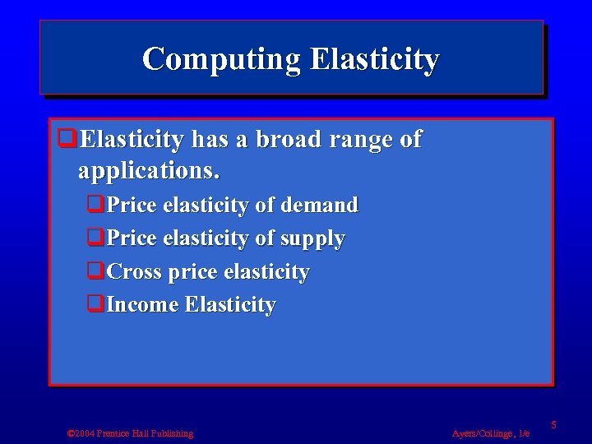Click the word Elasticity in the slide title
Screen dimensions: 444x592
[x=375, y=59]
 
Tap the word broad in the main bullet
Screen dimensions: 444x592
[x=289, y=140]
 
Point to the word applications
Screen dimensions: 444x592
[x=149, y=172]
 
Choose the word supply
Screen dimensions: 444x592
[x=312, y=238]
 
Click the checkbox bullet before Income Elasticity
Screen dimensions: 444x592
[x=95, y=304]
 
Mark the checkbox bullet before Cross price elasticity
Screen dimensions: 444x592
[x=95, y=271]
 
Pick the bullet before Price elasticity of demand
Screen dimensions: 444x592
[x=95, y=205]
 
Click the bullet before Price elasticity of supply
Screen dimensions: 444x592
[x=95, y=238]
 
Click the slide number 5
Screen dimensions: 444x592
[x=554, y=424]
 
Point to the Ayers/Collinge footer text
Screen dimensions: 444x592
[x=491, y=433]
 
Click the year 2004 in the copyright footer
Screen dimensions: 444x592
[x=85, y=433]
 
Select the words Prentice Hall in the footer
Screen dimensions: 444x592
[x=124, y=433]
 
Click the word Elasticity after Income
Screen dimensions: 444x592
[x=230, y=305]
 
